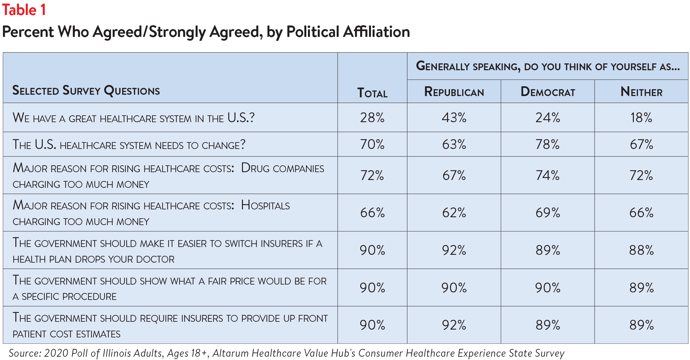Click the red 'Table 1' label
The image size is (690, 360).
[x=24, y=10]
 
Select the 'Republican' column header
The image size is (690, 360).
[x=454, y=92]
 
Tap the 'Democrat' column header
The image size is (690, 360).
[x=548, y=92]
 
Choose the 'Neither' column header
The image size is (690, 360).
[x=641, y=92]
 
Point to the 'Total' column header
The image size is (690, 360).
[x=372, y=93]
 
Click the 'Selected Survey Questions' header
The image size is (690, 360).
[x=86, y=90]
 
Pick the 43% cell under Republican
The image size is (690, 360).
[x=454, y=118]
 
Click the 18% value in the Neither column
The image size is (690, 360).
[x=641, y=118]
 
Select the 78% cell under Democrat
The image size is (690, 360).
[x=548, y=144]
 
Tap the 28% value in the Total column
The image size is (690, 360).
[x=372, y=118]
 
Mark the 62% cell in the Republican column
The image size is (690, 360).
[x=454, y=213]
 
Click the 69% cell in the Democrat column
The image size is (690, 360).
[x=548, y=213]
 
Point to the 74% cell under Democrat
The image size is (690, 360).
[x=548, y=175]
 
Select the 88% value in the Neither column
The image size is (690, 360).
[x=641, y=250]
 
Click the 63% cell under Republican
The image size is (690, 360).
[x=454, y=144]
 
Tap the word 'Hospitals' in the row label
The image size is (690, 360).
[x=265, y=205]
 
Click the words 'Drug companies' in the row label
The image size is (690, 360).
[x=283, y=168]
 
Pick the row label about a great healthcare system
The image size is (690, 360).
[x=134, y=118]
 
